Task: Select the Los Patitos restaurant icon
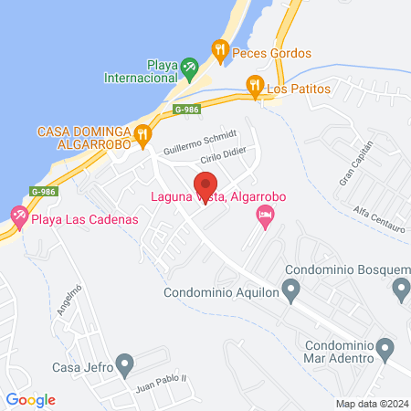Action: pos(255,86)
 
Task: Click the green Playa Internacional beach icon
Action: pos(188,67)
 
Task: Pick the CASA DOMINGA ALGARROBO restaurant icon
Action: pos(142,137)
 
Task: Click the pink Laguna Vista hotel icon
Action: pos(266,218)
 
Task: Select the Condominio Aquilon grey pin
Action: pos(291,292)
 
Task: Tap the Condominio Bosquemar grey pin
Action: pos(400,290)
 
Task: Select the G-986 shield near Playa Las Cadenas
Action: pos(42,192)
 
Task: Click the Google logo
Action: pos(30,399)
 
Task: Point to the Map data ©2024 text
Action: pos(370,404)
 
